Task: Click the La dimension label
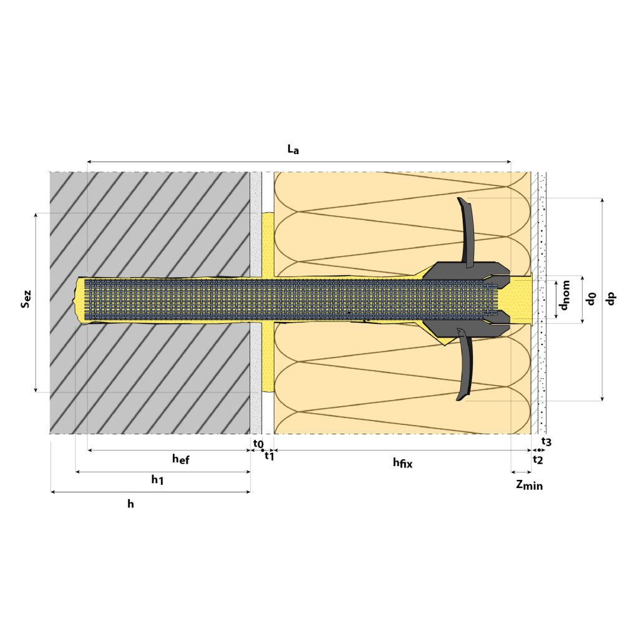293,149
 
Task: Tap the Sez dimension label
26,302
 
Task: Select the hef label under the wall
180,460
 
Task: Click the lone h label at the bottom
130,504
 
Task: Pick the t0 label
258,444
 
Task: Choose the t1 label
269,456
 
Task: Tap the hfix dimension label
402,462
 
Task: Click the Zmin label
529,485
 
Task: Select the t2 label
538,460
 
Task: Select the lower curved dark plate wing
466,368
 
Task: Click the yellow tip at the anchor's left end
79,301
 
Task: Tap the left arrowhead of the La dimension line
89,162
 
